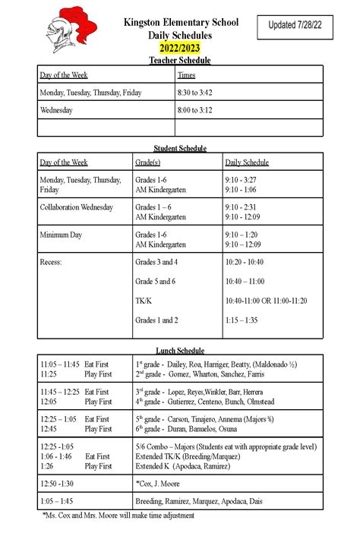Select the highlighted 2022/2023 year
pos(180,49)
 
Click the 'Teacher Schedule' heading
pos(180,60)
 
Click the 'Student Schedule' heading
pos(180,148)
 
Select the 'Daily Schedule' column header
pos(247,162)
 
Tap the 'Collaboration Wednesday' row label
pos(76,207)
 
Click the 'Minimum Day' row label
pos(61,235)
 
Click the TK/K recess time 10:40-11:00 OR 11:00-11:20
pos(266,301)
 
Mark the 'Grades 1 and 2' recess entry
pos(156,320)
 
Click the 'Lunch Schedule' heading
pos(180,351)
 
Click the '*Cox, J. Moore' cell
pos(158,484)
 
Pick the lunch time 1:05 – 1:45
pos(57,501)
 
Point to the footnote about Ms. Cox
pos(118,515)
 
